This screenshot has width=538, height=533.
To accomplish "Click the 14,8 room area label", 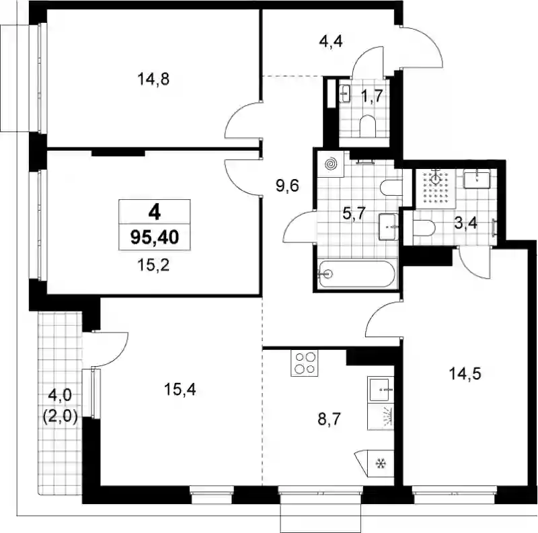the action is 153,79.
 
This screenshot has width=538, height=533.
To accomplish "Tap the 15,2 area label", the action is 153,265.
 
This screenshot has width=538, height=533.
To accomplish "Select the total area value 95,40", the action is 155,237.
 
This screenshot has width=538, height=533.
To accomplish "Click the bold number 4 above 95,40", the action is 155,213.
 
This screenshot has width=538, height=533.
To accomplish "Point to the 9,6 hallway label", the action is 287,186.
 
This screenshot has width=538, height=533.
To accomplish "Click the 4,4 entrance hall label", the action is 331,42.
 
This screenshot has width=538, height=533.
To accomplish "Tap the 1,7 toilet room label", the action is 372,96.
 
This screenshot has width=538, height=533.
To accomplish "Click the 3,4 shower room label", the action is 465,223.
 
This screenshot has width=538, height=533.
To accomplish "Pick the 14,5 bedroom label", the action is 465,374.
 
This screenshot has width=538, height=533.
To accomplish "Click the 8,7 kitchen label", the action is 330,419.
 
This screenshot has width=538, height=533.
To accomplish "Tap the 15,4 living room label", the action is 180,390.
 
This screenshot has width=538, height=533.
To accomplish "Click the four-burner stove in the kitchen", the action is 305,363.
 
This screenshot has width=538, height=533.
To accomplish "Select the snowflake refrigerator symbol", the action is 380,464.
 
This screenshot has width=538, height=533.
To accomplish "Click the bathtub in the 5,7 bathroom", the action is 357,274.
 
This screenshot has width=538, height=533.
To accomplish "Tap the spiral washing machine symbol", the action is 331,164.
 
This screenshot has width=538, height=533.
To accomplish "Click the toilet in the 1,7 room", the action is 367,126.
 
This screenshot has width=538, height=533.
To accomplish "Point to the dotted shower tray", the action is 436,188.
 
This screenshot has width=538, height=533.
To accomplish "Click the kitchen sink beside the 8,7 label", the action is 379,390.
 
